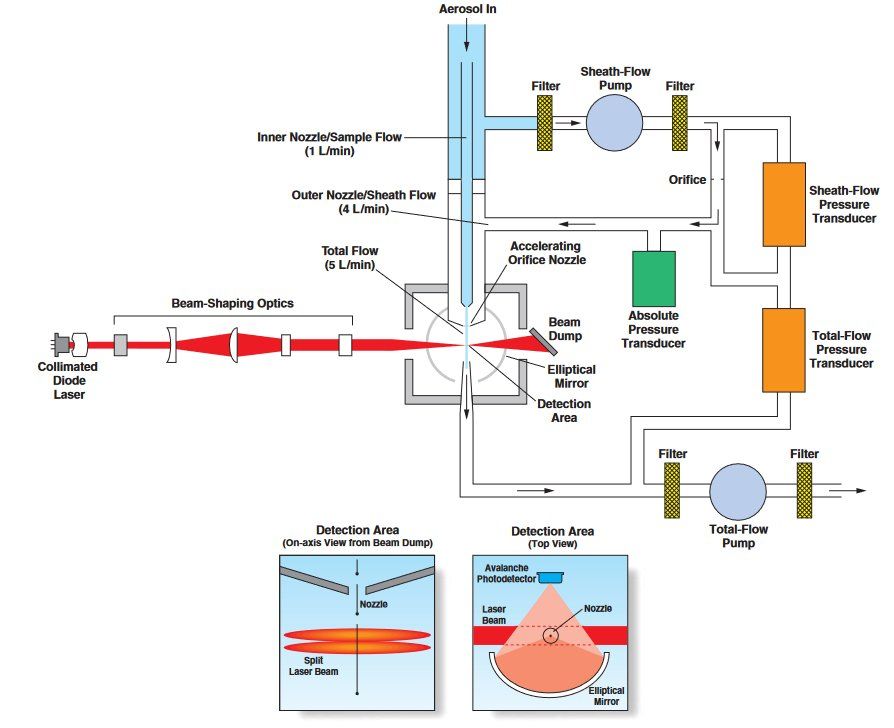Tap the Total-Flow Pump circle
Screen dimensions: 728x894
click(738, 492)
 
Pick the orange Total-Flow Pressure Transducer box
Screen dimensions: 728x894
click(790, 350)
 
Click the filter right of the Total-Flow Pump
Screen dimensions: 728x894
click(803, 491)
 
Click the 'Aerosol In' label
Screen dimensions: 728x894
click(467, 9)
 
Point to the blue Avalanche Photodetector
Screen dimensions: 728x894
click(548, 578)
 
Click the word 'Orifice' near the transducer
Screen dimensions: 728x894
click(687, 180)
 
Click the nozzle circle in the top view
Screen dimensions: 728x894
click(551, 635)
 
